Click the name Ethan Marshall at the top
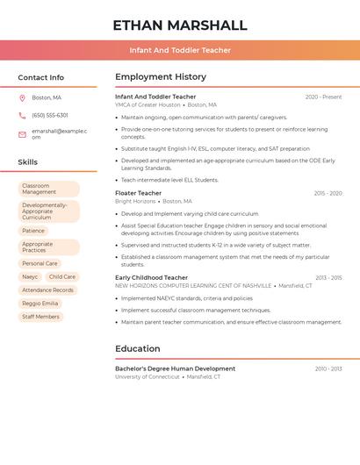(x=180, y=25)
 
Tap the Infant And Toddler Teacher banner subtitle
(x=180, y=50)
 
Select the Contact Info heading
(x=41, y=77)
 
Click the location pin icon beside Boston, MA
(x=22, y=98)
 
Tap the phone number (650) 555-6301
(x=50, y=115)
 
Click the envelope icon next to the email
(x=22, y=134)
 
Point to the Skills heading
(x=28, y=162)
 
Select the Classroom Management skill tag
(x=48, y=190)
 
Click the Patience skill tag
(x=33, y=231)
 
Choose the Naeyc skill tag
(x=30, y=276)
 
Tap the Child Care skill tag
(x=62, y=276)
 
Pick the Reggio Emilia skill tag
(x=40, y=303)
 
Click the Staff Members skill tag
(x=40, y=317)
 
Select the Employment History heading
(x=161, y=77)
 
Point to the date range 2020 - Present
(x=323, y=97)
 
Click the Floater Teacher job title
(x=139, y=193)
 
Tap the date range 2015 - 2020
(x=328, y=193)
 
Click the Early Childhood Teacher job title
(x=152, y=277)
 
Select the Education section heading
(x=138, y=348)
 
